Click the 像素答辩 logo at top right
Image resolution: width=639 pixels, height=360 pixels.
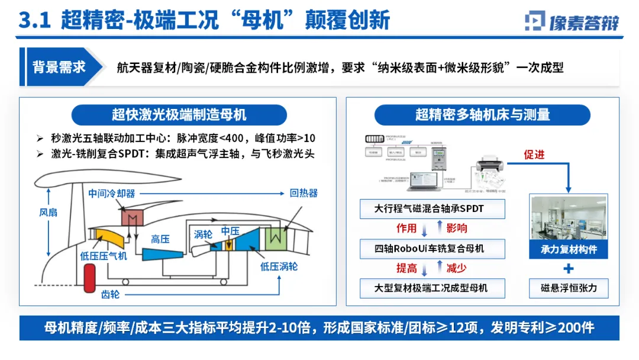tap(572, 21)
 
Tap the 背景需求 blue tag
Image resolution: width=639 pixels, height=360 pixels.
tap(59, 67)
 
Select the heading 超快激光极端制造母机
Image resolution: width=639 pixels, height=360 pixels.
tap(179, 114)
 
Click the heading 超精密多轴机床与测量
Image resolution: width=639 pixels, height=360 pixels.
tap(482, 114)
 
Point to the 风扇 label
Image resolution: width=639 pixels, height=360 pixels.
tap(49, 211)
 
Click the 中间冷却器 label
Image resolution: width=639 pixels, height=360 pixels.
tap(112, 194)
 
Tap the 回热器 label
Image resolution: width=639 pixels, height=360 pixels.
tap(304, 193)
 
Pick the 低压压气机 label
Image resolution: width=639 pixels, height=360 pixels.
tap(104, 256)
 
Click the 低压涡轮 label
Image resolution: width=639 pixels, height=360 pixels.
tap(279, 266)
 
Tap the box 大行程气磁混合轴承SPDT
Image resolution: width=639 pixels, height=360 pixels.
tap(433, 208)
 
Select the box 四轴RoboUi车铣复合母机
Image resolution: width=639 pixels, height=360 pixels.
tap(433, 248)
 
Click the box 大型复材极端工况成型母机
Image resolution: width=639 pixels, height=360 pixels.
tap(433, 288)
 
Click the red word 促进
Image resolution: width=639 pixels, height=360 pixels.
tap(534, 155)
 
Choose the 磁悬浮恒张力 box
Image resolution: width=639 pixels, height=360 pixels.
tap(569, 288)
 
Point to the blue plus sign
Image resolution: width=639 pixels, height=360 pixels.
tap(569, 269)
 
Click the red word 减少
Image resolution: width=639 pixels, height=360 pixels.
tap(456, 268)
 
